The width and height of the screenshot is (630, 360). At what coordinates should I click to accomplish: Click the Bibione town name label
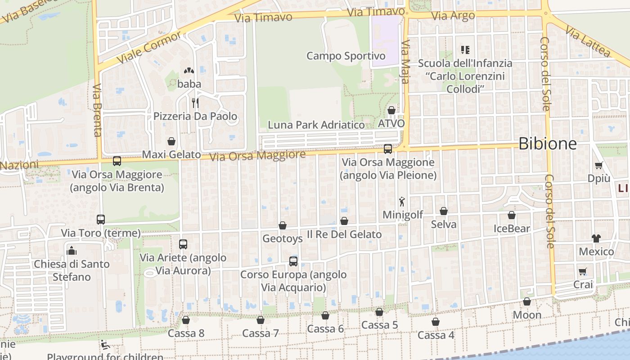pos(547,144)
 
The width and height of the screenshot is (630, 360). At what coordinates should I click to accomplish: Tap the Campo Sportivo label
pos(346,56)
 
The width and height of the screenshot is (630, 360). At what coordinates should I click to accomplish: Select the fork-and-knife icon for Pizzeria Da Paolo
pos(195,103)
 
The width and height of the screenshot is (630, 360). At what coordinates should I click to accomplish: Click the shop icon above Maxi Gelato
pos(171,141)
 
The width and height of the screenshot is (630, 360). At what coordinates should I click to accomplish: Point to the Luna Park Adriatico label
pos(316,125)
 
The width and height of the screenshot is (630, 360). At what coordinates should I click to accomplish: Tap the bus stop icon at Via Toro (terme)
pos(101,220)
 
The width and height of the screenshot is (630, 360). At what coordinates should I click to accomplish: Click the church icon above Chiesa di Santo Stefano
pos(72,251)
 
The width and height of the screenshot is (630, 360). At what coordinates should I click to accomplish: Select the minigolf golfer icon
pos(402,202)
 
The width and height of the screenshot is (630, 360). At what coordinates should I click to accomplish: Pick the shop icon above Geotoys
pos(283,225)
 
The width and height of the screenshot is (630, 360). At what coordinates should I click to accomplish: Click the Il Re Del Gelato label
pos(344,234)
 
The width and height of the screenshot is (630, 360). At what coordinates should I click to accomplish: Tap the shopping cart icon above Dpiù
pos(598,165)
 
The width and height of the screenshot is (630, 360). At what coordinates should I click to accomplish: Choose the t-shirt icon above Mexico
pos(596,238)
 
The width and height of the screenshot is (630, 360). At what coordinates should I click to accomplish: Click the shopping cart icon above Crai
pos(583,271)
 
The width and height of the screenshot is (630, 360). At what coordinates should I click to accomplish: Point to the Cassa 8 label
pos(186,333)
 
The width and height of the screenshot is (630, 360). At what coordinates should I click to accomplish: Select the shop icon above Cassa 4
pos(436,322)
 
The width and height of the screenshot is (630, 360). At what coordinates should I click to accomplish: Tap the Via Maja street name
pos(405,62)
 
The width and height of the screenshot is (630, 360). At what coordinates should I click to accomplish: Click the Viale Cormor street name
pos(148,47)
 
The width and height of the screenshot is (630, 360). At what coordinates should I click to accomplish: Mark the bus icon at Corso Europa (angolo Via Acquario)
pos(293,261)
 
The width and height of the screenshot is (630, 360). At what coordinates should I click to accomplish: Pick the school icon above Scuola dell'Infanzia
pos(465,50)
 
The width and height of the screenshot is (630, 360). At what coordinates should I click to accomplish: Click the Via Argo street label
pos(453,16)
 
